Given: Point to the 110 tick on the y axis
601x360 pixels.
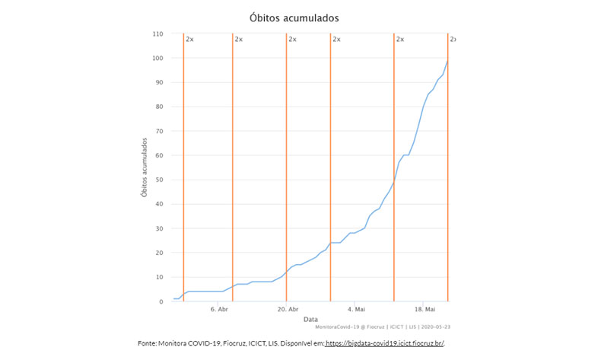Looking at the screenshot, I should tap(158, 34).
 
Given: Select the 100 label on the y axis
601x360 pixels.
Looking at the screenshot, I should tap(158, 59).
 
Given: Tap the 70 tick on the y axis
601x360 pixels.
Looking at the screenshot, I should tap(160, 132).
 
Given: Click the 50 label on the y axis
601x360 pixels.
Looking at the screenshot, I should tap(160, 180).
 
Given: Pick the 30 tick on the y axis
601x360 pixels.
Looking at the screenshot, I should tap(160, 229).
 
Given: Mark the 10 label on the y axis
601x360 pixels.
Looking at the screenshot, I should tap(160, 278).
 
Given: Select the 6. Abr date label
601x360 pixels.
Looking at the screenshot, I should tap(218, 311).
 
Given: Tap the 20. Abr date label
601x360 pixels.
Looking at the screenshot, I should tap(287, 311).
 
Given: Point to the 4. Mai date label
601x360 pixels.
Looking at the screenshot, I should tap(356, 311).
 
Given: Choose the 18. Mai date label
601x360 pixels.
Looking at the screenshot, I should tap(425, 311).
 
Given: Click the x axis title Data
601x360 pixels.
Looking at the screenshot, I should tap(310, 319).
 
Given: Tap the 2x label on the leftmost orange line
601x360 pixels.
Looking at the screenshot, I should tap(189, 39).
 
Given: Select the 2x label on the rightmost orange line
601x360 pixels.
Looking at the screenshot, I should tap(453, 39).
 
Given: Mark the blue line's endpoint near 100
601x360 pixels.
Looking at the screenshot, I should tap(447, 61).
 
